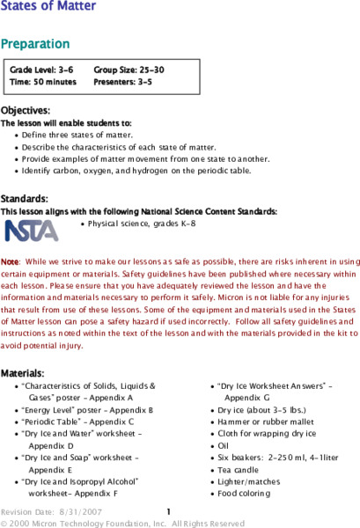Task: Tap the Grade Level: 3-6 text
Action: [40, 69]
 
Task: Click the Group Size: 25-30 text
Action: [129, 69]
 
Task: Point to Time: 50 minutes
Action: [43, 81]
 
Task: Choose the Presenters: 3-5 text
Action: [123, 81]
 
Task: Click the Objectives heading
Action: [25, 110]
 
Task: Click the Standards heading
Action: [24, 199]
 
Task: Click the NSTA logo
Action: [32, 230]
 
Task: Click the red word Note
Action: [10, 262]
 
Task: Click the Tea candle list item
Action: [242, 470]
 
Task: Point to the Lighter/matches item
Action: [251, 482]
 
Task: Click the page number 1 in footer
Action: [168, 510]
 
